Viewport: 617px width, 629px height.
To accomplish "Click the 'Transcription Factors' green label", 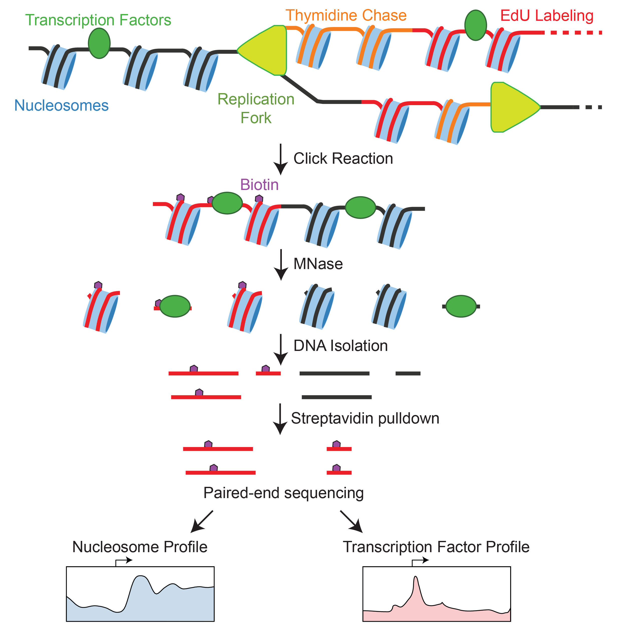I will (x=98, y=20).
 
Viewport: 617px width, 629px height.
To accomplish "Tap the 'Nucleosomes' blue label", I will (x=62, y=106).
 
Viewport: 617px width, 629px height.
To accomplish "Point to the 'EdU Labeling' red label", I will (x=547, y=16).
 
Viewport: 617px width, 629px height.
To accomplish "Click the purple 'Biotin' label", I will (x=259, y=185).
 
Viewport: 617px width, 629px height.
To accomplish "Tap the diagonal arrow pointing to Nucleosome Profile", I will (x=201, y=522).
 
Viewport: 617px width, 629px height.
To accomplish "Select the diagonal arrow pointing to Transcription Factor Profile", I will (x=352, y=522).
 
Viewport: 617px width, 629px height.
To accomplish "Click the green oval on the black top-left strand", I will (x=99, y=43).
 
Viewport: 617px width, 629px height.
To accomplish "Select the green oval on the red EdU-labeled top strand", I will (x=475, y=25).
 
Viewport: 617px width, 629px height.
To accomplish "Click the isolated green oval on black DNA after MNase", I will (x=461, y=306).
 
